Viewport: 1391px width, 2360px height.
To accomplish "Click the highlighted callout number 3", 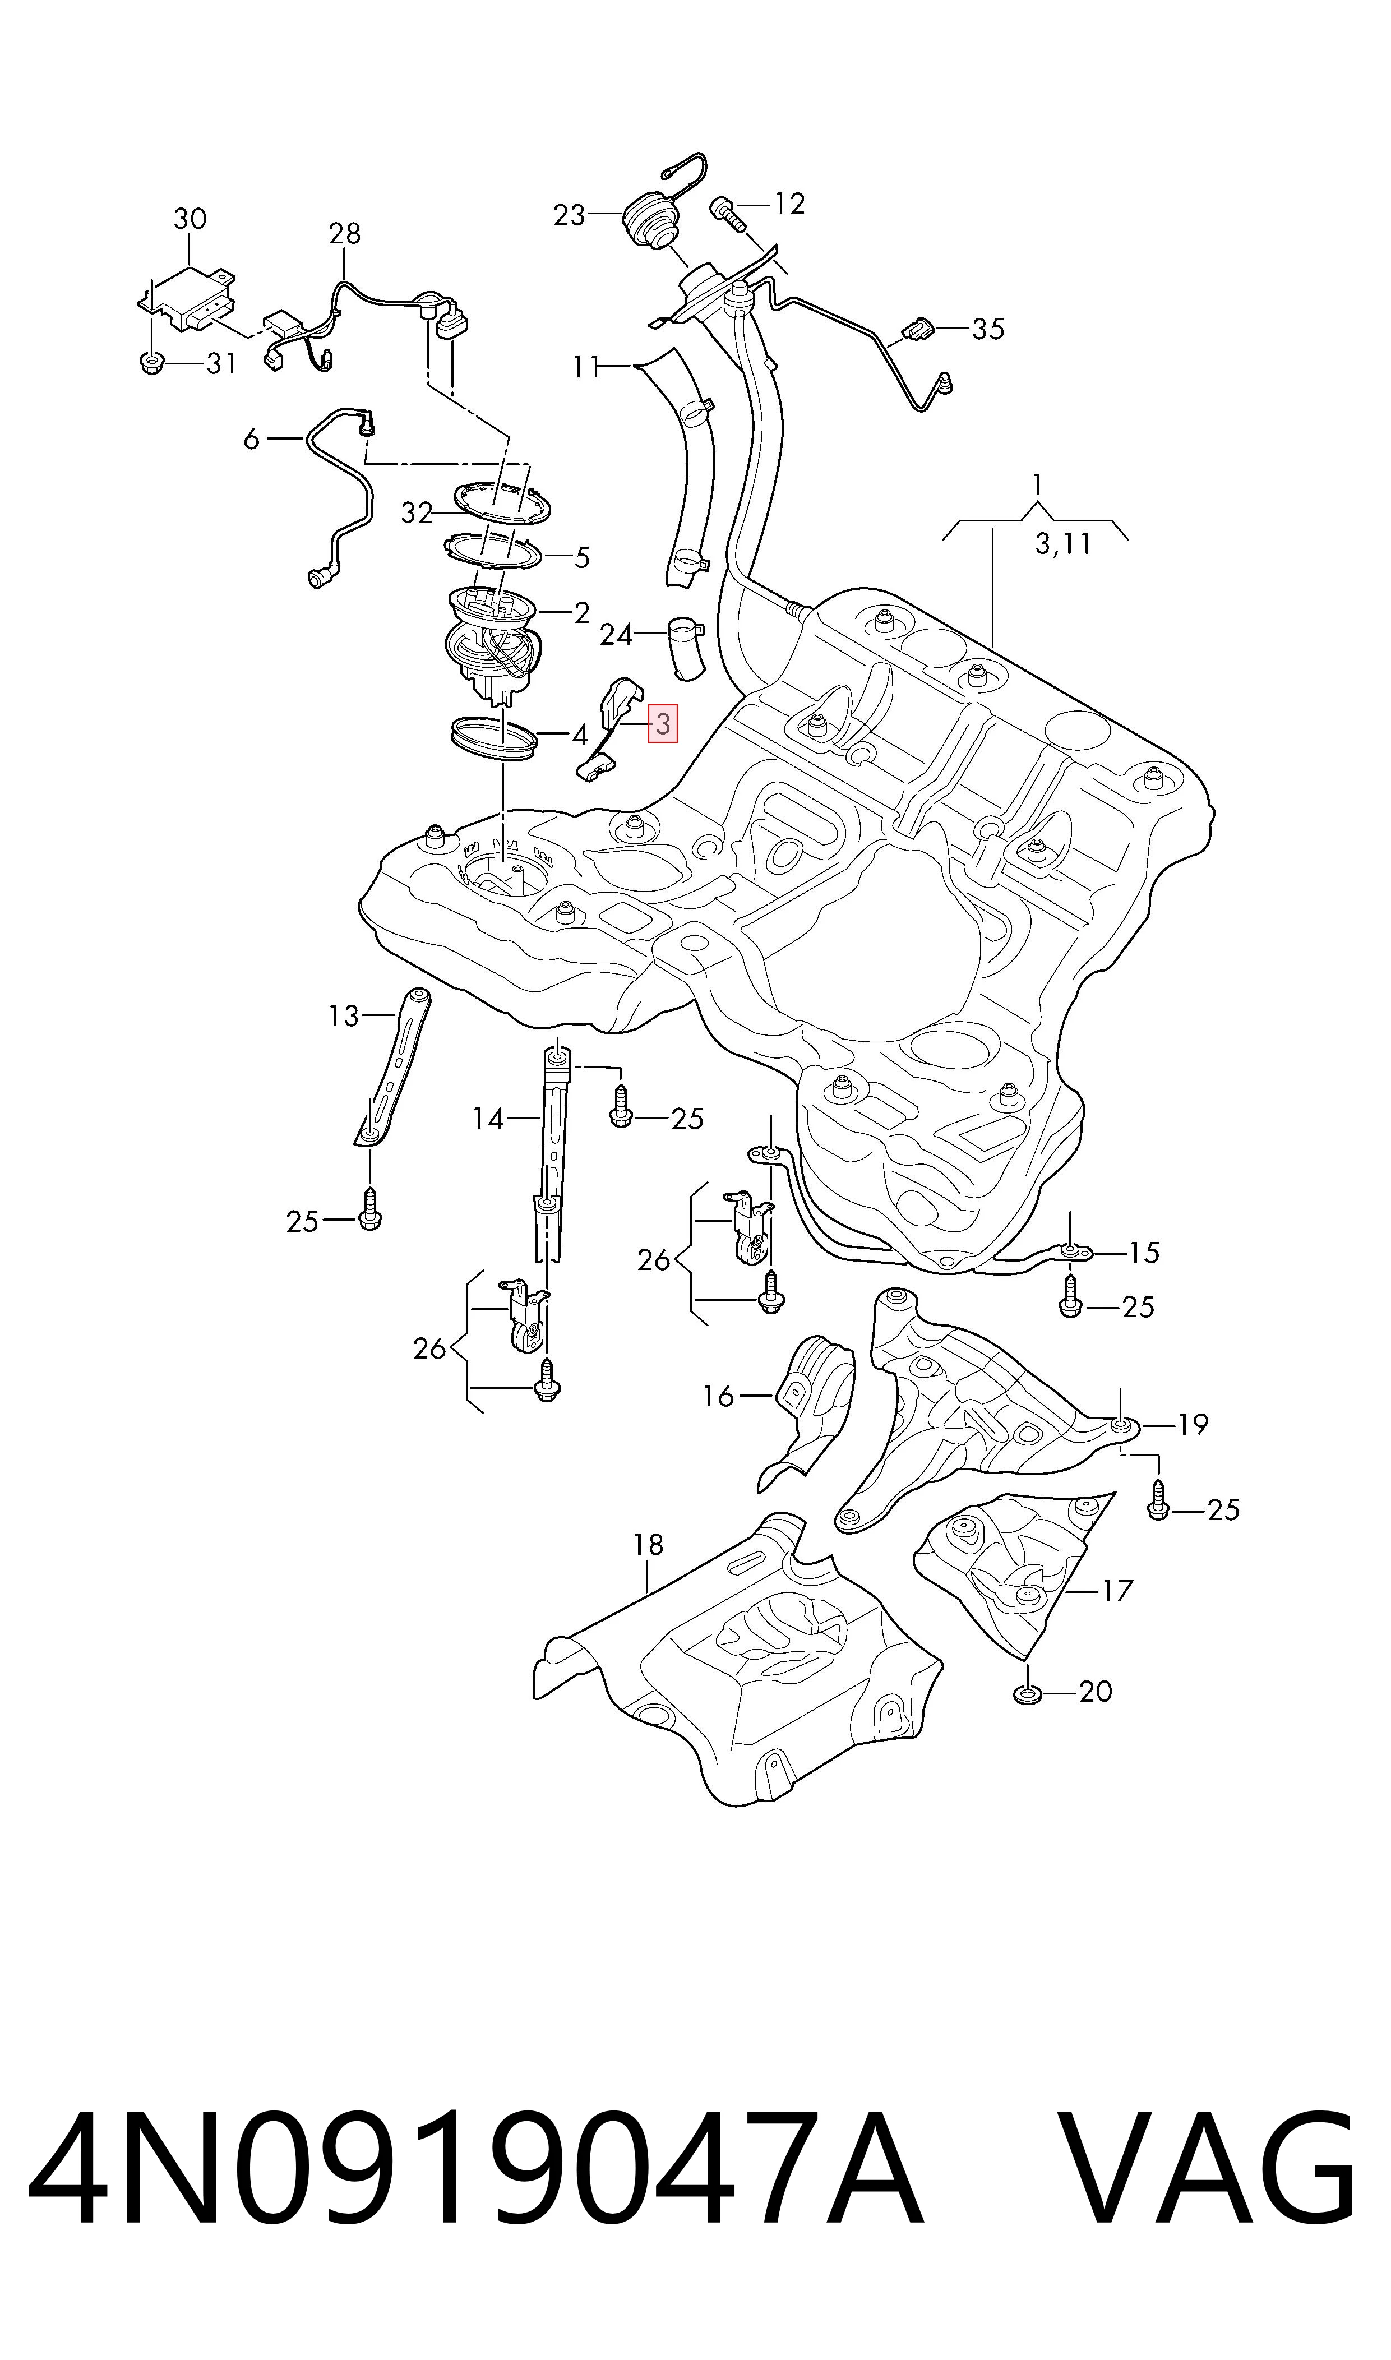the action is click(663, 723).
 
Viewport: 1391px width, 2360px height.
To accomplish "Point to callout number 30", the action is click(190, 219).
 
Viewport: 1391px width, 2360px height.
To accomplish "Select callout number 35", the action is click(988, 329).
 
